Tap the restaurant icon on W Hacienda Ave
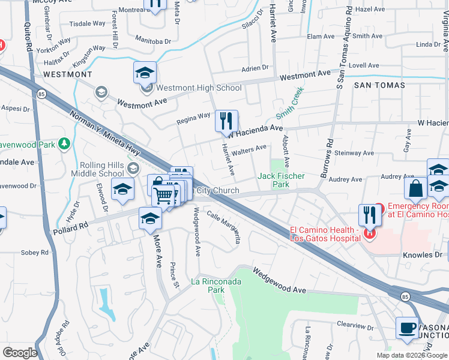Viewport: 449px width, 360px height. point(226,121)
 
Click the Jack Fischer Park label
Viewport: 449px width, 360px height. point(281,180)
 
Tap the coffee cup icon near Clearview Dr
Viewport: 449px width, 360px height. point(407,328)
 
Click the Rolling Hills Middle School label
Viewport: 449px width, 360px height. point(103,170)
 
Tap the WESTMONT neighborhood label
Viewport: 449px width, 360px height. point(68,74)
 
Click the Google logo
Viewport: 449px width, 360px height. point(20,353)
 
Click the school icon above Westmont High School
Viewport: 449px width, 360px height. point(145,73)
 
